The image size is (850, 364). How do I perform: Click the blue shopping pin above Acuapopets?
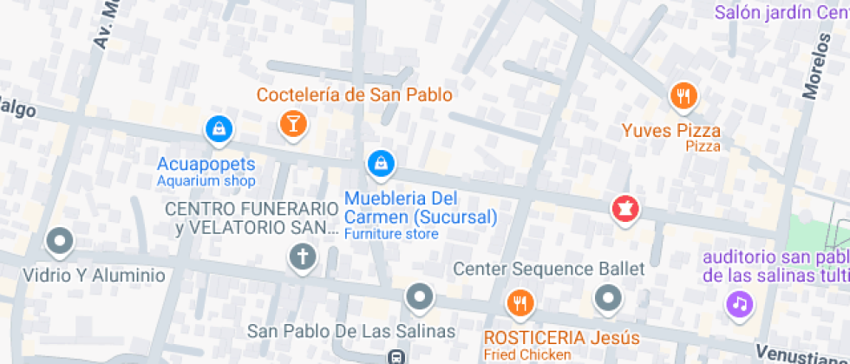click(219, 130)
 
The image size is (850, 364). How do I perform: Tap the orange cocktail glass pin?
click(293, 124)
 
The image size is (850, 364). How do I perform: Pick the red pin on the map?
click(623, 209)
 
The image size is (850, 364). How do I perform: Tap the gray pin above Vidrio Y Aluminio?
click(60, 241)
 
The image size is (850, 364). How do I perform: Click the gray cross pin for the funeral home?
click(302, 257)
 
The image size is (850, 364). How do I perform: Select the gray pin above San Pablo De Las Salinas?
click(420, 298)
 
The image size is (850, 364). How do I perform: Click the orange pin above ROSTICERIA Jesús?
click(520, 302)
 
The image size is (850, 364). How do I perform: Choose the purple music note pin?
click(739, 303)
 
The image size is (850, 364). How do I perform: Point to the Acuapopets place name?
click(206, 165)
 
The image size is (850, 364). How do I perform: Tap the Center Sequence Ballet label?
click(549, 269)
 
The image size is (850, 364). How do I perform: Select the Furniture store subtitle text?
click(391, 234)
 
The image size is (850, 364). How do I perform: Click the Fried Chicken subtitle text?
click(527, 354)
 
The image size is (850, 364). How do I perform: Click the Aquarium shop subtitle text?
click(206, 181)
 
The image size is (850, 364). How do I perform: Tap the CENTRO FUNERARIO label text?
click(251, 209)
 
